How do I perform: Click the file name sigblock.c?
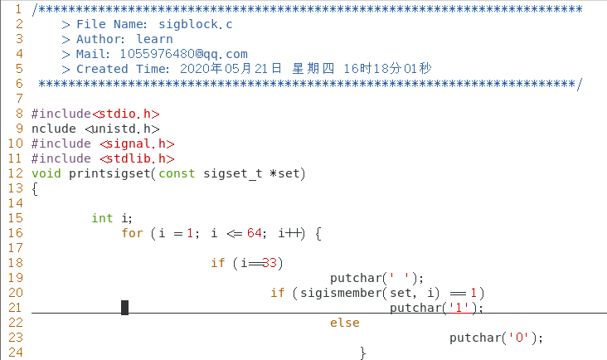tap(197, 24)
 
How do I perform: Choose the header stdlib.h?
tap(137, 158)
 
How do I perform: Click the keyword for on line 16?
tap(132, 233)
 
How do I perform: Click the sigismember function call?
tap(337, 293)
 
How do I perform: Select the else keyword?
tap(345, 323)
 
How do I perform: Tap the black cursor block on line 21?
tap(124, 308)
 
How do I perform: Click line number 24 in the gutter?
tap(16, 353)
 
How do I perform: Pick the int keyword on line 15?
tap(102, 218)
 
